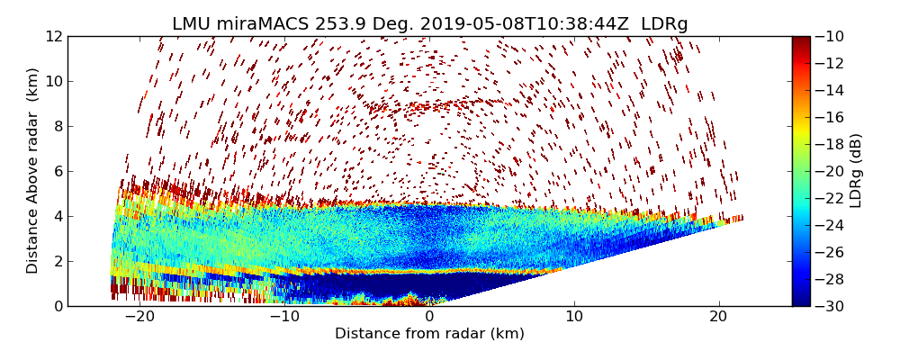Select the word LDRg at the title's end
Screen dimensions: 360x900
(x=664, y=24)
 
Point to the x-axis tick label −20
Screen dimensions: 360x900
(x=139, y=317)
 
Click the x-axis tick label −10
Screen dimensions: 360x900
(x=284, y=317)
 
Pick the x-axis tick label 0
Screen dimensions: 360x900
(x=429, y=317)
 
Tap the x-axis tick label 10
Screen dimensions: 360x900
(x=574, y=317)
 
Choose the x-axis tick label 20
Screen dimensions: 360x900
(x=718, y=317)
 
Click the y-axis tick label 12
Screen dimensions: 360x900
(x=52, y=37)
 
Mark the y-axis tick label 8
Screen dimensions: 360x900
(x=56, y=127)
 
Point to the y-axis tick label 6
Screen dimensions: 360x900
(x=56, y=172)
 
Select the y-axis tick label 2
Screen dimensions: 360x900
(x=56, y=262)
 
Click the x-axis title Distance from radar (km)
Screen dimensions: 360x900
(x=429, y=334)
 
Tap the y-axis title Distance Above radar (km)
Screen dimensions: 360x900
(x=33, y=171)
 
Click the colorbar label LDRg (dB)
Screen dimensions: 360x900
(x=856, y=171)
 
